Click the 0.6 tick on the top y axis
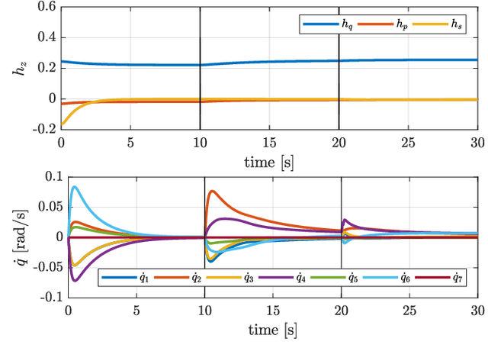pyautogui.click(x=46, y=7)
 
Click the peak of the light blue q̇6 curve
pyautogui.click(x=74, y=186)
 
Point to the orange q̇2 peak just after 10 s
pyautogui.click(x=212, y=191)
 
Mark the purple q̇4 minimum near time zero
pyautogui.click(x=75, y=281)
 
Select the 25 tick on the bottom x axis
pyautogui.click(x=409, y=310)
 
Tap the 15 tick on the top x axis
pyautogui.click(x=269, y=142)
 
